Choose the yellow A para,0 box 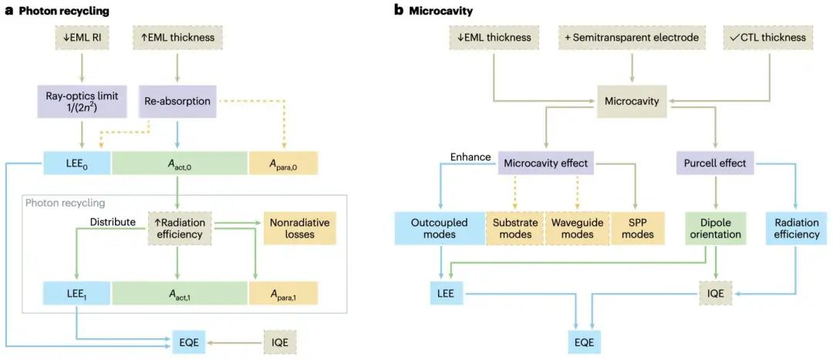tap(282, 163)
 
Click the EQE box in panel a tap(189, 340)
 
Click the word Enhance tap(470, 157)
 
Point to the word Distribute tap(116, 221)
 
